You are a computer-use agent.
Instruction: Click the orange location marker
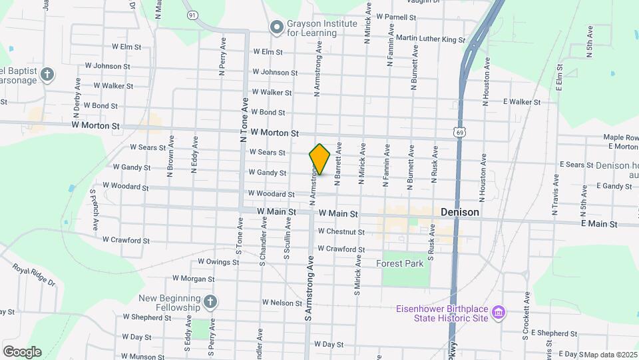[320, 159]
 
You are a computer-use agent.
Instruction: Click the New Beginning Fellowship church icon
[210, 303]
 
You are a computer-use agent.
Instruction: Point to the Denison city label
[460, 212]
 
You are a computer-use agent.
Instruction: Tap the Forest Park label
[399, 263]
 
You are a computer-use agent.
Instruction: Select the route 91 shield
[192, 15]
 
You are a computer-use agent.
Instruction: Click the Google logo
[22, 352]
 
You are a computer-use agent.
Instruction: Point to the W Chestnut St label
[341, 232]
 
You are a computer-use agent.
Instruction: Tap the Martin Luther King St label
[430, 39]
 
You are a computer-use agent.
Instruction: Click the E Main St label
[599, 224]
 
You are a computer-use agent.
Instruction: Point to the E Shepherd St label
[554, 333]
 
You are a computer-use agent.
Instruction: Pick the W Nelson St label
[282, 303]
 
